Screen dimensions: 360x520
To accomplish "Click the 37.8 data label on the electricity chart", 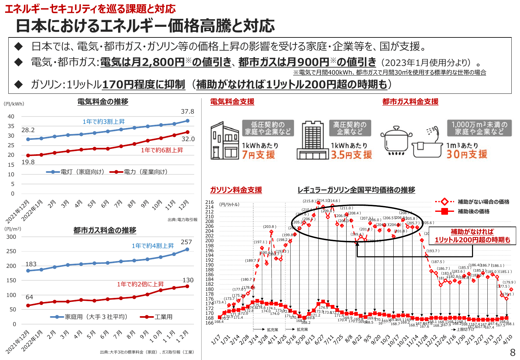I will click(x=188, y=112).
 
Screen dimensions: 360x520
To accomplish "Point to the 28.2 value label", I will click(x=28, y=130).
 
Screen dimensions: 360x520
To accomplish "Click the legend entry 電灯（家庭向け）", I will click(x=76, y=172).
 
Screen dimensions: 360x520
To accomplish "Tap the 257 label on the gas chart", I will click(x=186, y=242).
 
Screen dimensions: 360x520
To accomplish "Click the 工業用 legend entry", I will click(x=157, y=317).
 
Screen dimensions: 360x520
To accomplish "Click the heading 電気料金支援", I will click(x=232, y=102).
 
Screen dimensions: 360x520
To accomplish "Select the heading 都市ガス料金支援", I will click(x=410, y=102).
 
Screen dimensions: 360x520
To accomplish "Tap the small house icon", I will click(x=224, y=141).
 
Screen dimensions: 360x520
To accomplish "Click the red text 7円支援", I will click(x=258, y=155).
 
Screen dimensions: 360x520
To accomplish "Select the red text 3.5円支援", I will click(x=351, y=155).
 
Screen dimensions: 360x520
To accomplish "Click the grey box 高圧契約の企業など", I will click(x=350, y=128).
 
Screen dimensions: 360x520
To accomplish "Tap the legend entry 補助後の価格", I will click(x=473, y=212).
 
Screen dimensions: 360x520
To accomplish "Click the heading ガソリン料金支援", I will click(x=236, y=190).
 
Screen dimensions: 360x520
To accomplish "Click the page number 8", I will click(x=512, y=352).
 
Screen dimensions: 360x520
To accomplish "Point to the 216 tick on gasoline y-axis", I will click(x=210, y=202).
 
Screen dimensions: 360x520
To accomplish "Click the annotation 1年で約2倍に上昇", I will click(x=140, y=284).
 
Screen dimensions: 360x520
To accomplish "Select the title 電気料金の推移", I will click(x=103, y=102).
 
